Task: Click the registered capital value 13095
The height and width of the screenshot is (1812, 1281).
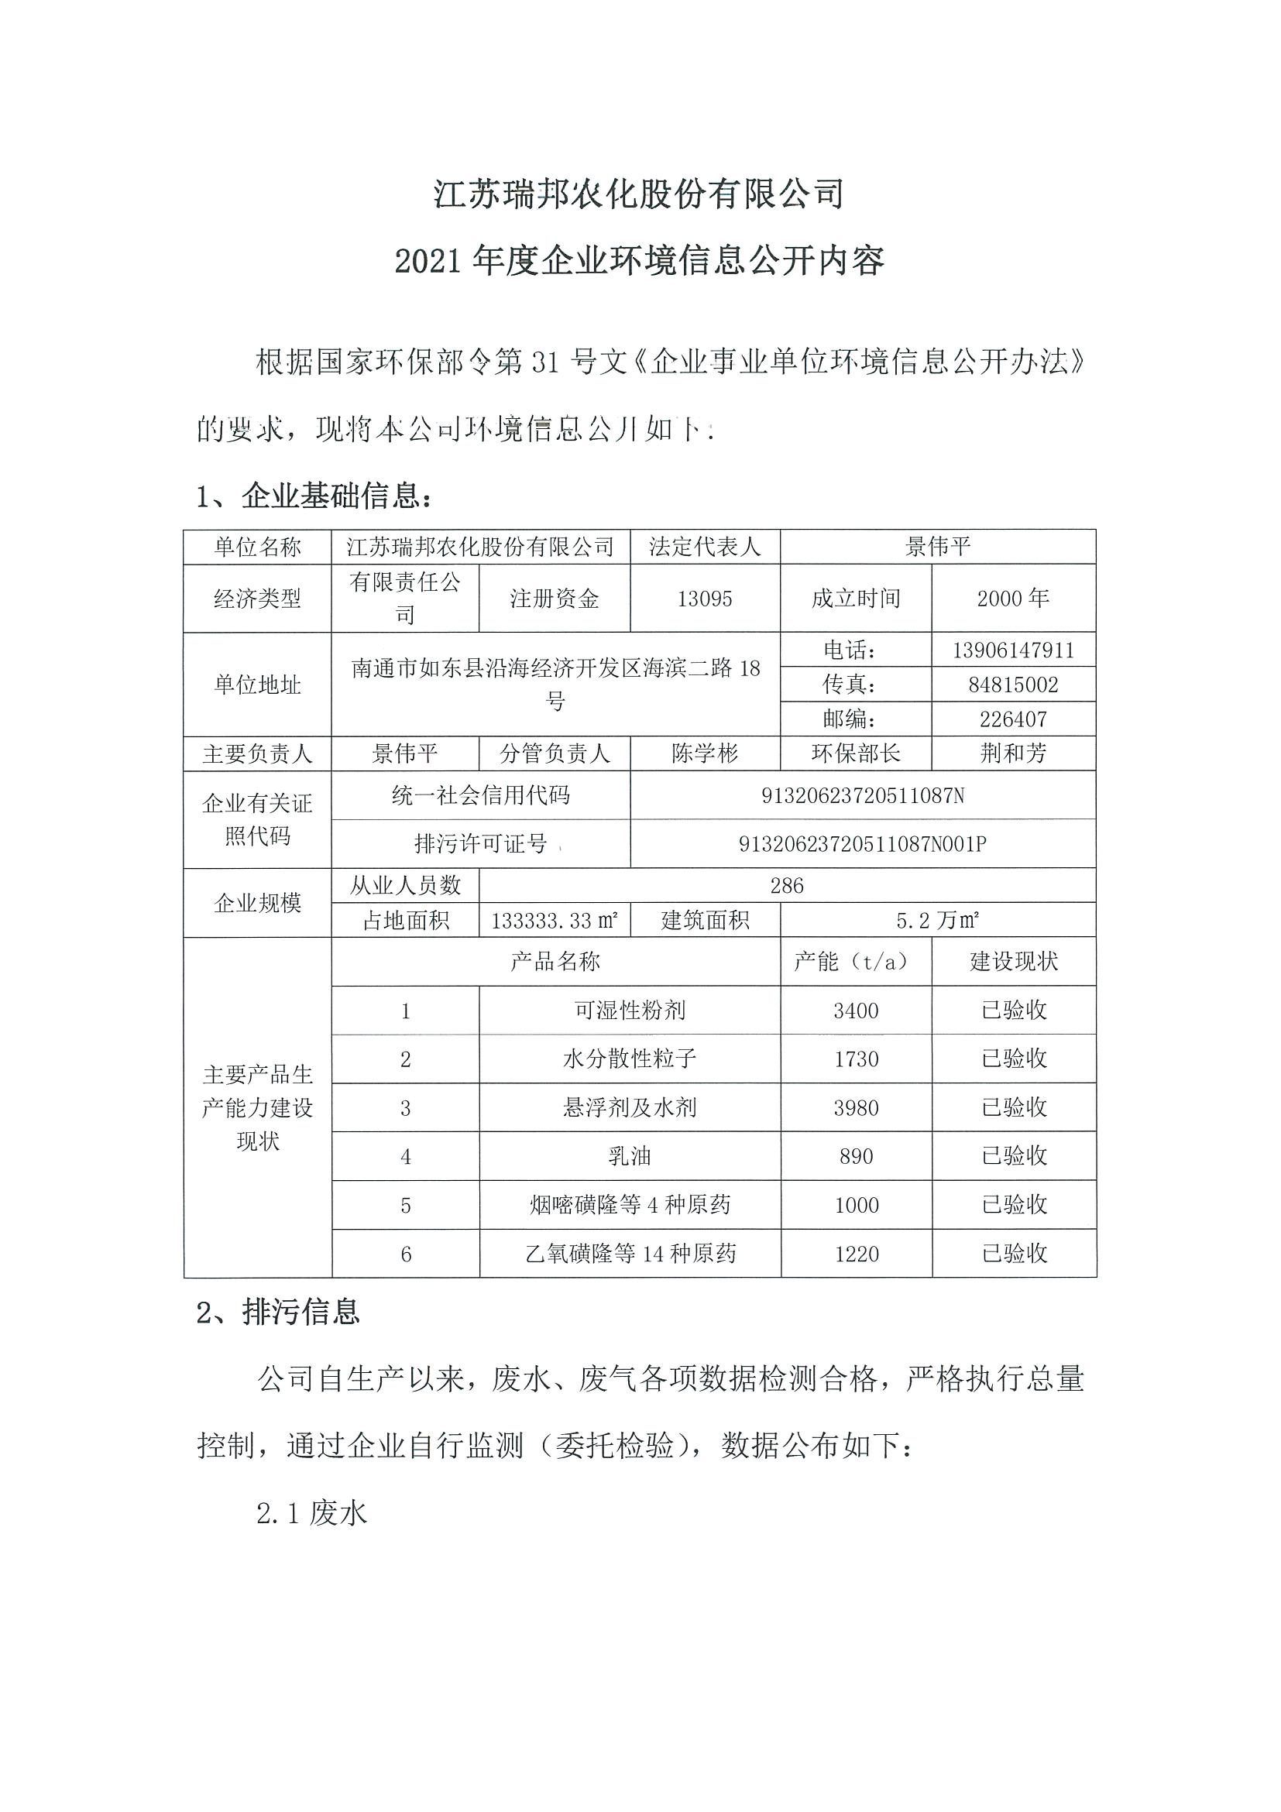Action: [x=704, y=599]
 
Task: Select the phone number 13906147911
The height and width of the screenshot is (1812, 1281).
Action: [x=1013, y=650]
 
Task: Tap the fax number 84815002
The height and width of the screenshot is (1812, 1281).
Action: [x=1013, y=685]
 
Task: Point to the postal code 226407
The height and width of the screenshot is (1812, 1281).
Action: [x=1013, y=719]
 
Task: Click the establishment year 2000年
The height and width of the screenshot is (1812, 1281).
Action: [x=1013, y=599]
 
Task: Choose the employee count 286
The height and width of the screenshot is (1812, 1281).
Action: [x=786, y=886]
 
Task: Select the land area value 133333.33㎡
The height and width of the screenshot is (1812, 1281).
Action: [x=554, y=920]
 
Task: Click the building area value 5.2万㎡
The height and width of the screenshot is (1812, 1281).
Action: [x=937, y=920]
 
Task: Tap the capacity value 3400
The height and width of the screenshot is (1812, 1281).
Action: [x=856, y=1011]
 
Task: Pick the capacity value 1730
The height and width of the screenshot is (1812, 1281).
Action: [x=856, y=1059]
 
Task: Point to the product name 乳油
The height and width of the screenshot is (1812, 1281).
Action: [x=629, y=1157]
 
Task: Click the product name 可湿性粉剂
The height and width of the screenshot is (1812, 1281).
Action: [x=629, y=1011]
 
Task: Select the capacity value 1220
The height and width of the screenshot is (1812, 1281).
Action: [x=856, y=1254]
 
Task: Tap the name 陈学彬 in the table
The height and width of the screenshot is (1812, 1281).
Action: [x=704, y=753]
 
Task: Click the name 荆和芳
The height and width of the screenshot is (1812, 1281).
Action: [x=1013, y=753]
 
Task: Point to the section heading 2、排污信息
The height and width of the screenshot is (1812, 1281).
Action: [x=278, y=1312]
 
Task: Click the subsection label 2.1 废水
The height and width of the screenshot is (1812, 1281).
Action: [x=312, y=1513]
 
